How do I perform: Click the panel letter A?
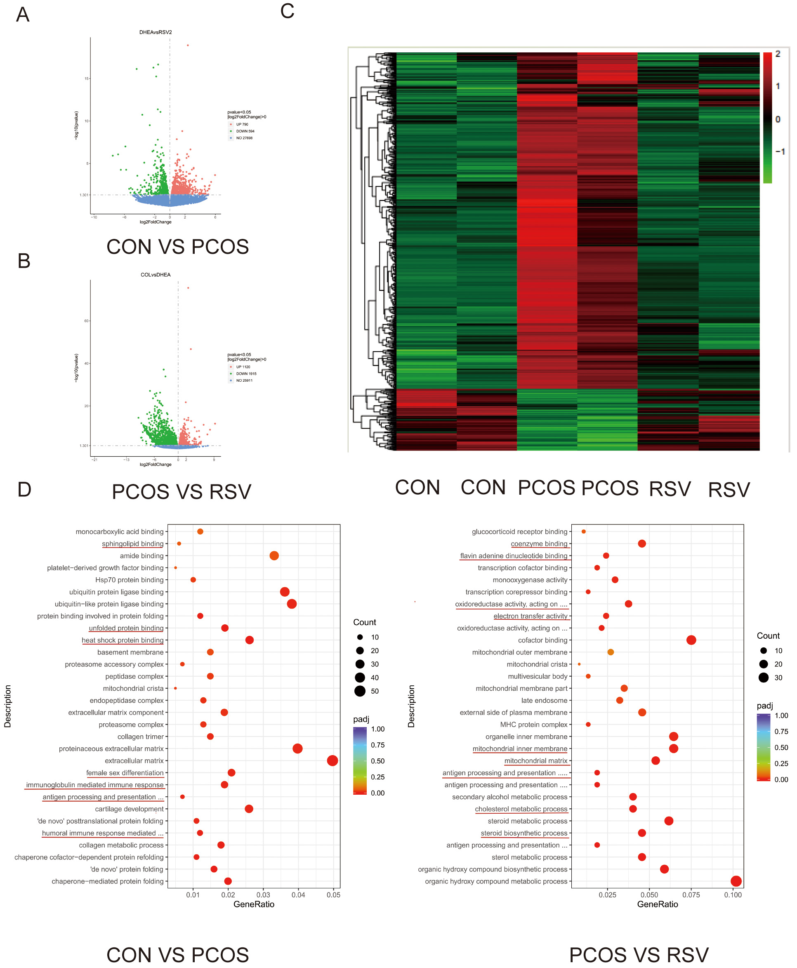pos(23,15)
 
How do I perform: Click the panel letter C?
pos(287,11)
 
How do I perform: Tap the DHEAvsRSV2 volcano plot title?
pos(155,32)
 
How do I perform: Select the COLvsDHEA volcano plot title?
pos(155,275)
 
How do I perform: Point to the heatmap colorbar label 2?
pos(778,54)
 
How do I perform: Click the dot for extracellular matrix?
pos(332,761)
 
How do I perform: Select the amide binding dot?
pos(274,556)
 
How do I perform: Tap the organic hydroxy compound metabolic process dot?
pos(736,881)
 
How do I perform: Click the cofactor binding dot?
pos(691,640)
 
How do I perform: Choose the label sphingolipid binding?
pos(132,544)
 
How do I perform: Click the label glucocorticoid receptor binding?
pos(519,532)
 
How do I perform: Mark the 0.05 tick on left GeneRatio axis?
pos(333,895)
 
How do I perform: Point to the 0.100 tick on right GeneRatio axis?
pos(733,895)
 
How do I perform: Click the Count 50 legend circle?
pos(360,691)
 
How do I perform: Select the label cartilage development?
pos(129,809)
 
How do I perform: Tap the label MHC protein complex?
pos(533,725)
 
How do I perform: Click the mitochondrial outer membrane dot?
pos(610,652)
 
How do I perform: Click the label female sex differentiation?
pos(125,773)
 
